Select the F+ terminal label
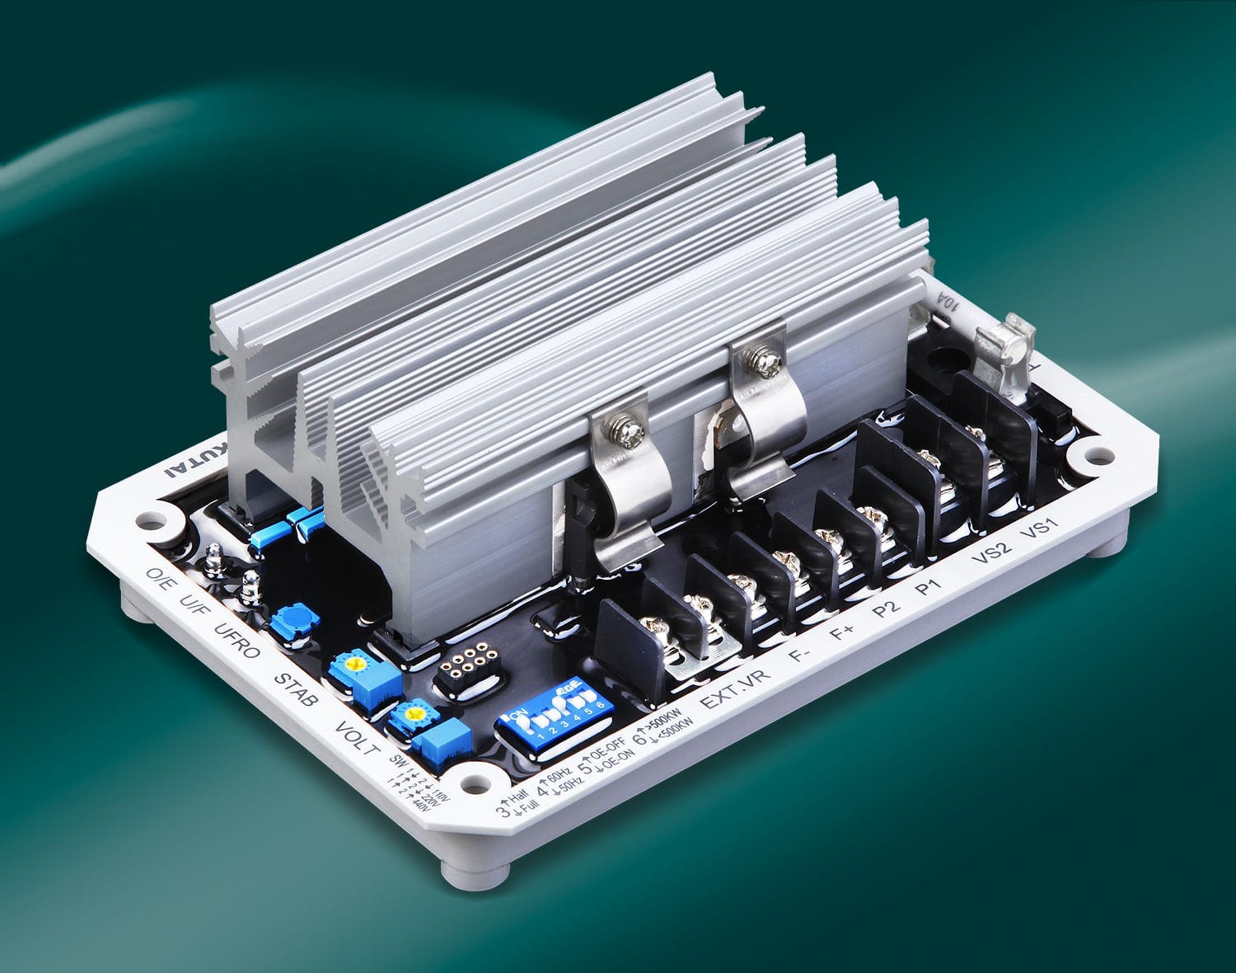click(842, 634)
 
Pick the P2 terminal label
click(886, 611)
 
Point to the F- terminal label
click(798, 657)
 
